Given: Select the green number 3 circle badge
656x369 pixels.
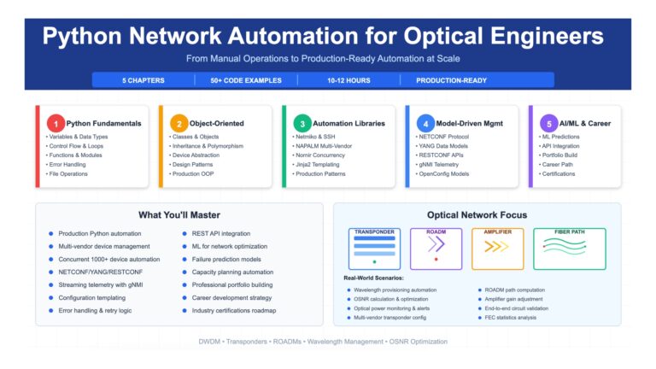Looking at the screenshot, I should coord(302,123).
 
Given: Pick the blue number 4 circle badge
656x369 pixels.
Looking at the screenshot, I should coord(425,123).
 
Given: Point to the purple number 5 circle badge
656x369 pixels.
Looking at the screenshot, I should coord(548,123).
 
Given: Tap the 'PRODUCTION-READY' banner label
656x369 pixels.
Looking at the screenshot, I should coord(451,80).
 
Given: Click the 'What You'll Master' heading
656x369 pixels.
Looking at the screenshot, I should coord(179,214).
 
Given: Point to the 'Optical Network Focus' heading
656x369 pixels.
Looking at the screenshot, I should coord(477,214).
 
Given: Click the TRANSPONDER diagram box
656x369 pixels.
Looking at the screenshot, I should coord(375,248).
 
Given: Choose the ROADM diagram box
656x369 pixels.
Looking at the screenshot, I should coord(436,248).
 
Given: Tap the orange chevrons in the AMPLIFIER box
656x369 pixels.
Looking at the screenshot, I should coord(497,249).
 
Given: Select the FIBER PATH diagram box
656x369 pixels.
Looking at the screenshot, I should coord(569,248).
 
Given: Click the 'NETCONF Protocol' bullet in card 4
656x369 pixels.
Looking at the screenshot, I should coord(445,137).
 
